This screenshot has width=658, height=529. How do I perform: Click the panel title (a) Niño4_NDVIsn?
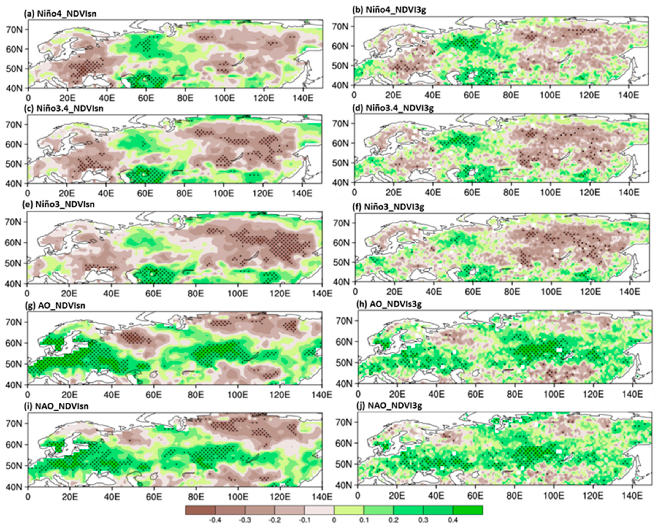[x=60, y=14]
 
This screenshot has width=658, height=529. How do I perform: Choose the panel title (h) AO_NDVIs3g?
[x=389, y=304]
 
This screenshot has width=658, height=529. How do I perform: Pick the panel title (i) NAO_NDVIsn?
[x=57, y=406]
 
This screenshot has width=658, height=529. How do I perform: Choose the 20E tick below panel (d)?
[x=393, y=193]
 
